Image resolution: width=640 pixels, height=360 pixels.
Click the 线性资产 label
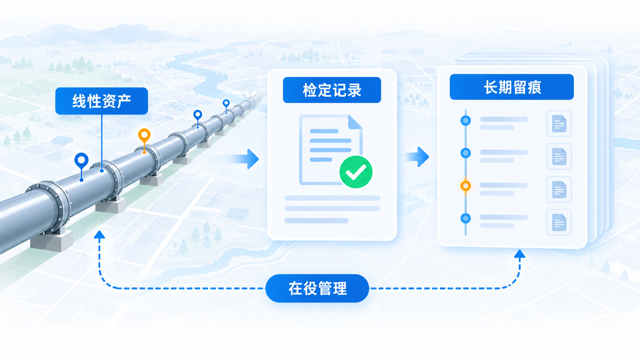(x=101, y=101)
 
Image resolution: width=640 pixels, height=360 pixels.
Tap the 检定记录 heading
(x=332, y=90)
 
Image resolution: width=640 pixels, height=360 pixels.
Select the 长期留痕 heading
(x=512, y=87)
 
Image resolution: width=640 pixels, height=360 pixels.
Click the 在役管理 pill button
(x=317, y=288)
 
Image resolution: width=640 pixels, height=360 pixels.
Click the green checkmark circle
(x=356, y=172)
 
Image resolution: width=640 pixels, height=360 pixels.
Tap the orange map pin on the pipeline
(x=144, y=137)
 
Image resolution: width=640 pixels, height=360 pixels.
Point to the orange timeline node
(x=466, y=186)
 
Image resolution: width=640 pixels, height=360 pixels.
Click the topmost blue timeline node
(x=466, y=121)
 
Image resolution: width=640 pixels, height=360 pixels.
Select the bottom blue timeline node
(x=466, y=219)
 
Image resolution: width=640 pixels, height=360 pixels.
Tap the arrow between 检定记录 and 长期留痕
(x=417, y=157)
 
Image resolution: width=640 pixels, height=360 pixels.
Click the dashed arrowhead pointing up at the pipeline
(x=99, y=235)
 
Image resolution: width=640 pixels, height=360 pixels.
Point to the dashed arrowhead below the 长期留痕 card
(x=519, y=254)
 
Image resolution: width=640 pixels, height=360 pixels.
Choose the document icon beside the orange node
(x=559, y=189)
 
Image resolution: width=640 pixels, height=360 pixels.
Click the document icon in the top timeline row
(x=559, y=124)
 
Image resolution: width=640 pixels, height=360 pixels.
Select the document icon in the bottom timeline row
(x=559, y=222)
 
